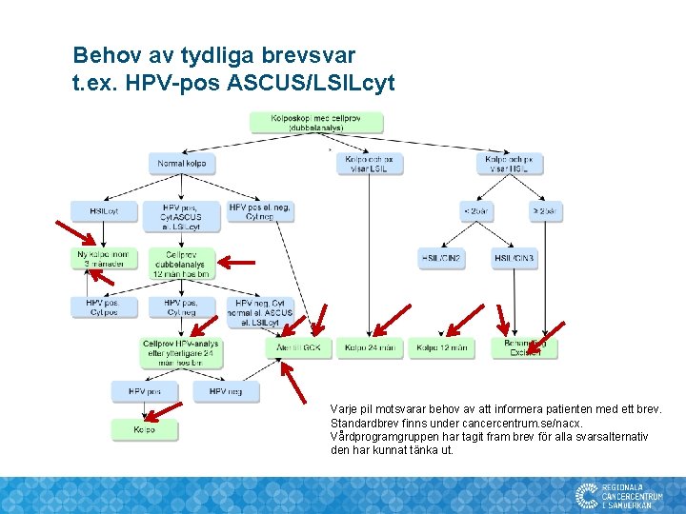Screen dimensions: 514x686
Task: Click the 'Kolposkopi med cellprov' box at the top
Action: (316, 123)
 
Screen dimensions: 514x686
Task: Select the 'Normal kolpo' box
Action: (182, 164)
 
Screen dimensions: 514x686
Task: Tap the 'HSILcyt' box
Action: (104, 210)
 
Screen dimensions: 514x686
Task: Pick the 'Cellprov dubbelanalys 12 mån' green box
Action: (182, 264)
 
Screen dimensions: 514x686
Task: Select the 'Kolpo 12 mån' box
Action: (442, 348)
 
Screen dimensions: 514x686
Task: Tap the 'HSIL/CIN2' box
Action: (442, 259)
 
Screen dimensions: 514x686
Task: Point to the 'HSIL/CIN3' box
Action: (514, 259)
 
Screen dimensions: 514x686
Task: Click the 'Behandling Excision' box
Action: (524, 347)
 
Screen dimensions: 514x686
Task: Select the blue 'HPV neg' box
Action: (226, 391)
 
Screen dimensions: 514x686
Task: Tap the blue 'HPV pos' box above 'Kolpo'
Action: (145, 391)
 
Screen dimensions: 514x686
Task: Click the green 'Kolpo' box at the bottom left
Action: (145, 430)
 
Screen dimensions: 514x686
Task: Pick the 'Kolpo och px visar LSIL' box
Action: (370, 164)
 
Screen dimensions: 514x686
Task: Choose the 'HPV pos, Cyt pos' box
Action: (104, 306)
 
